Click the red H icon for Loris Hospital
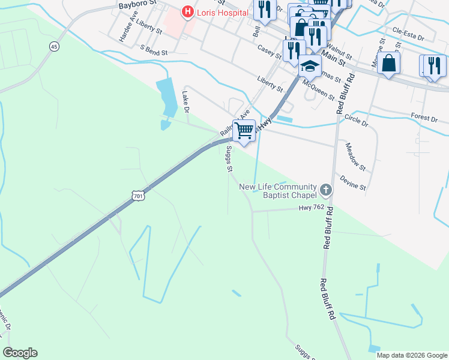[188, 11]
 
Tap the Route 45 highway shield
[55, 46]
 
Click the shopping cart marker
[244, 131]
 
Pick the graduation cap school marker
[310, 66]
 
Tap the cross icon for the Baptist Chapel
[325, 191]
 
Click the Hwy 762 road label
[312, 208]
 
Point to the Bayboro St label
[137, 5]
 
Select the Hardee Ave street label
[125, 32]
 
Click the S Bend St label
[153, 51]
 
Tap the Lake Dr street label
[186, 102]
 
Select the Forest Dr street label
[424, 118]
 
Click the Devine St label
[353, 183]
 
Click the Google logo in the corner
[20, 353]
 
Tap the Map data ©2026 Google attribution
[412, 355]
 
